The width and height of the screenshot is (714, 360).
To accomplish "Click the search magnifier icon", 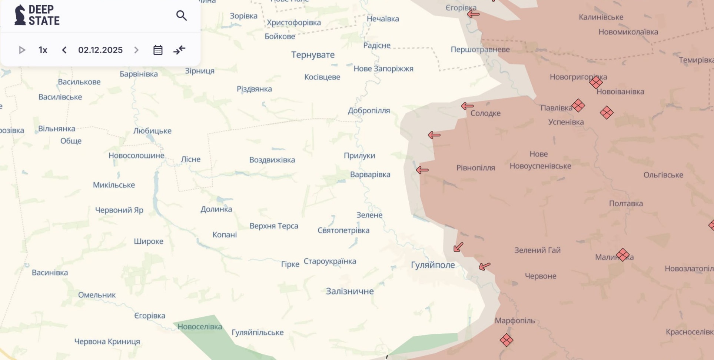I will click(181, 16).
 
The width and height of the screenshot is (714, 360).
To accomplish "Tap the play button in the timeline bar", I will click(22, 50).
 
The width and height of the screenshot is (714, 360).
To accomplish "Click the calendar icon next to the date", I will click(158, 50).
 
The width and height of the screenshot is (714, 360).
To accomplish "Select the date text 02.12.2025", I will click(100, 50).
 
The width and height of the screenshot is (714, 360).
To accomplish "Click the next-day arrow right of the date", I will click(136, 50).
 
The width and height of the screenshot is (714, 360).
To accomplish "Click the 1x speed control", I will click(43, 50).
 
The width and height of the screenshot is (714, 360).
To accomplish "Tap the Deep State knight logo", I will click(20, 15).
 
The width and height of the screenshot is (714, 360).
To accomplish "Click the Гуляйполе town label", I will click(432, 265).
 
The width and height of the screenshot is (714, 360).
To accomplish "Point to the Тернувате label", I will click(313, 55).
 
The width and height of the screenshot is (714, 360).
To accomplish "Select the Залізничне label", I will click(349, 291).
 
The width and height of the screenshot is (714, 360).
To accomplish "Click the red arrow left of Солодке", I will click(467, 106).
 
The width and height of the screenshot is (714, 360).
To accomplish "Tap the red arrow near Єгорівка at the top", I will click(473, 14).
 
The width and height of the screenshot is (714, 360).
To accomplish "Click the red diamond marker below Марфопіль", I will click(506, 340).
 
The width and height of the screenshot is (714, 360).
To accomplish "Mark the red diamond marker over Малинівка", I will click(622, 255).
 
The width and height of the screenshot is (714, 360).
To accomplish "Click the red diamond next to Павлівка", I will click(578, 106).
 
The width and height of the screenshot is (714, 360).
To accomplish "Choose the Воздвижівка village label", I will click(272, 160).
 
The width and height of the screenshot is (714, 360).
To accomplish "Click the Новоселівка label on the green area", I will click(200, 327).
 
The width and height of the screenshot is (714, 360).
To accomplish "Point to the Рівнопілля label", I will click(475, 168).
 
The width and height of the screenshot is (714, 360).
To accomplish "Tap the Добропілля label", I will click(369, 110).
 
